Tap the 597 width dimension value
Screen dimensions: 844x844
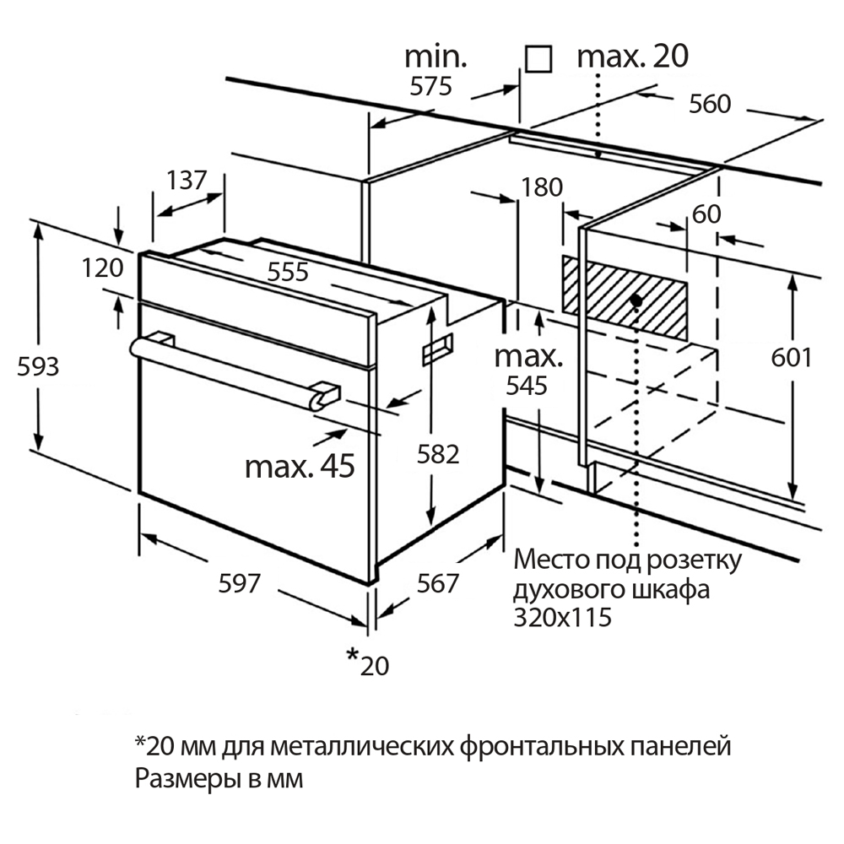pyautogui.click(x=241, y=582)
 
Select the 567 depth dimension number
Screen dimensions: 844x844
pyautogui.click(x=438, y=583)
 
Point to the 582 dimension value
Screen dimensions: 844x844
pyautogui.click(x=439, y=454)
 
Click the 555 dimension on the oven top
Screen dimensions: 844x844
pyautogui.click(x=289, y=272)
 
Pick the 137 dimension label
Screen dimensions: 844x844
pyautogui.click(x=186, y=180)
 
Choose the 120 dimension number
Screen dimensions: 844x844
pyautogui.click(x=104, y=268)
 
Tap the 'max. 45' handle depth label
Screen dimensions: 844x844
pyautogui.click(x=300, y=466)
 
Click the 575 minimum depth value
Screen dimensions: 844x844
pyautogui.click(x=432, y=86)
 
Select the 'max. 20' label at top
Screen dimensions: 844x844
pyautogui.click(x=632, y=57)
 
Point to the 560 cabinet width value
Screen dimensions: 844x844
pyautogui.click(x=709, y=105)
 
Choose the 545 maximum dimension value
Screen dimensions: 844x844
pyautogui.click(x=527, y=386)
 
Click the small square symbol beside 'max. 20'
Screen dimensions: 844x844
pyautogui.click(x=538, y=58)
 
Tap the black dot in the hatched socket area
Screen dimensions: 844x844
pyautogui.click(x=636, y=300)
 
